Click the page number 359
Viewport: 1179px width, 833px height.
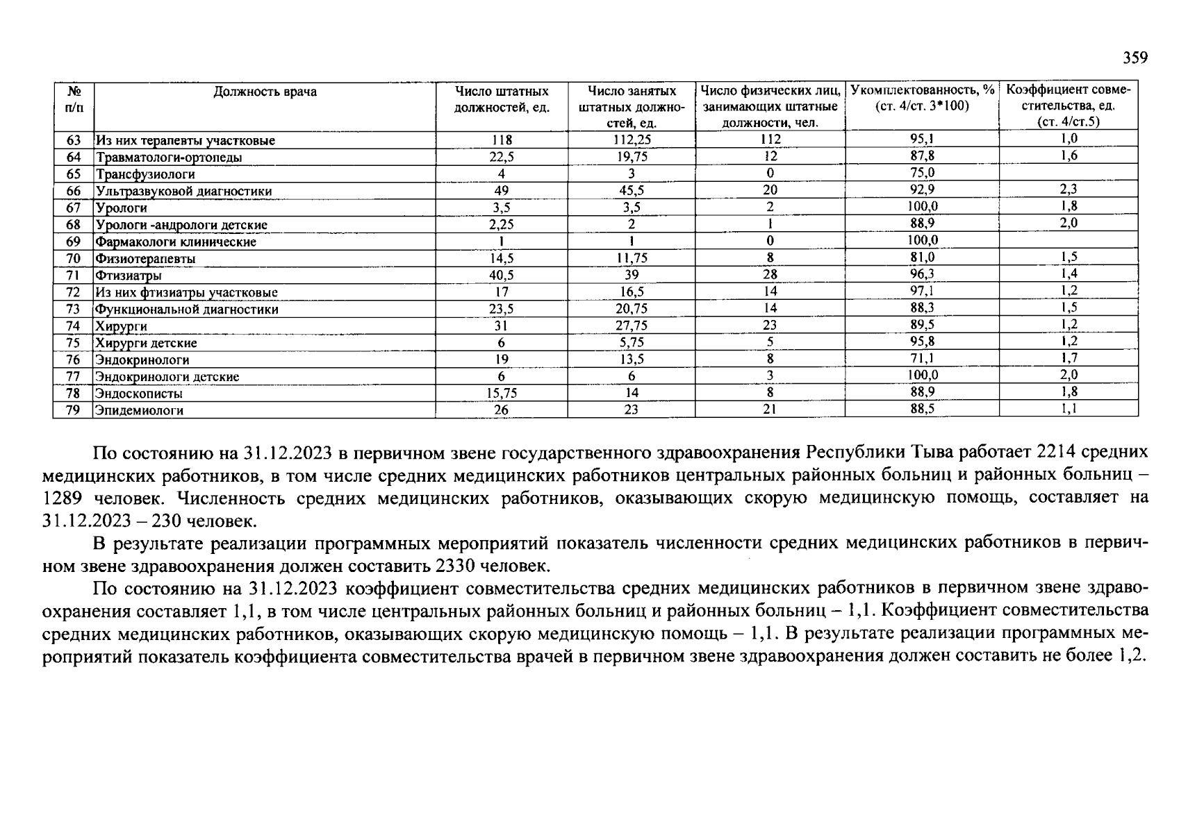(x=1135, y=58)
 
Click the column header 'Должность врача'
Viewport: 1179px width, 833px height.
(x=265, y=92)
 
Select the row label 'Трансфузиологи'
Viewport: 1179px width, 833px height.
(x=145, y=174)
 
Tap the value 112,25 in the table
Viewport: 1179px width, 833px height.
(x=632, y=140)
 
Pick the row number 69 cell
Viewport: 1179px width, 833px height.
(x=73, y=242)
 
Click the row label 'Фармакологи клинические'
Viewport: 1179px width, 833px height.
(x=176, y=242)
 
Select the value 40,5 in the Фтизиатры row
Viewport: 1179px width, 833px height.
(x=501, y=276)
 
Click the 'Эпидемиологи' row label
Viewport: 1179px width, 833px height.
(x=140, y=410)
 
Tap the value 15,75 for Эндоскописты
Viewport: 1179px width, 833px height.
(x=501, y=393)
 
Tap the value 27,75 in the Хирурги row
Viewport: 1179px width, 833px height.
(x=632, y=326)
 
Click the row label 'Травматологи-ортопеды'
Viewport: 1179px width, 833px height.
(x=170, y=158)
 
